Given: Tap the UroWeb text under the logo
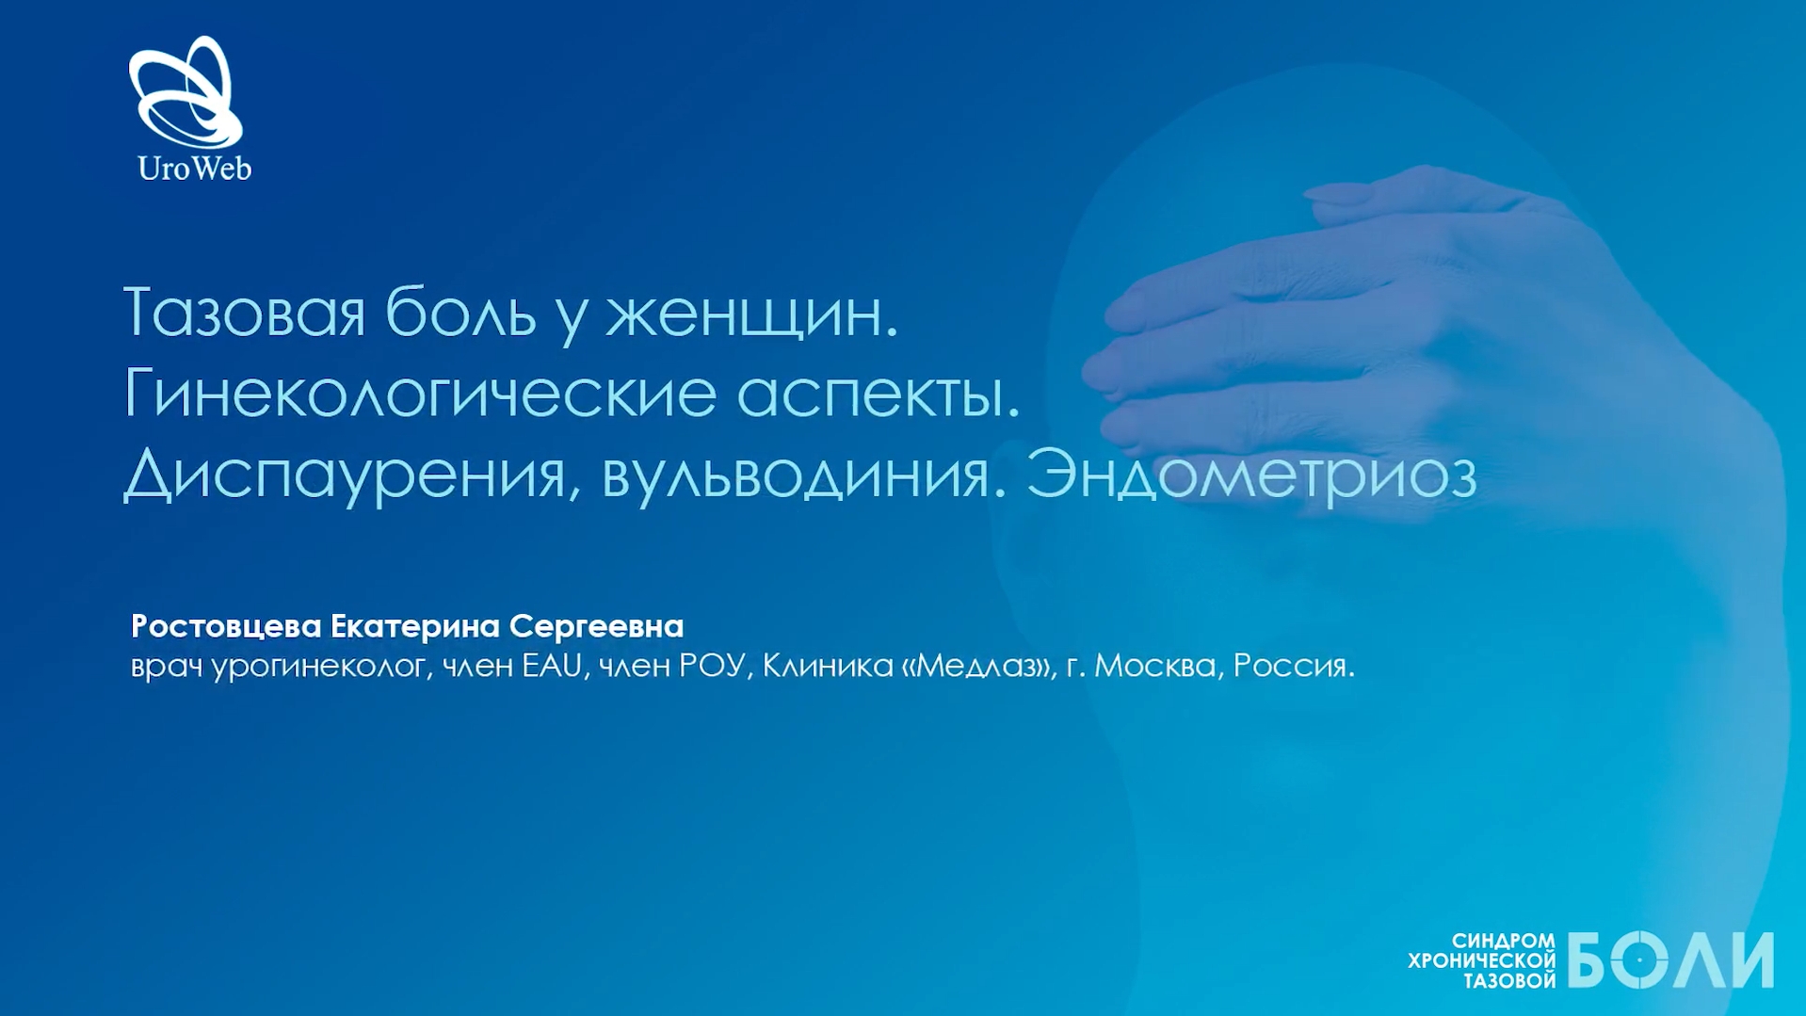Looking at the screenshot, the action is pyautogui.click(x=195, y=169).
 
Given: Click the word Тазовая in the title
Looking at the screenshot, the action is pyautogui.click(x=244, y=313).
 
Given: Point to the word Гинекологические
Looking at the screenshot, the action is pyautogui.click(x=420, y=394).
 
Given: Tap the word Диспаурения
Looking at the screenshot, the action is pyautogui.click(x=345, y=475).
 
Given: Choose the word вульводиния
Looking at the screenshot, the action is pyautogui.click(x=796, y=475).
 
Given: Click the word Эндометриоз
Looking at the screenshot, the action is pyautogui.click(x=1251, y=474).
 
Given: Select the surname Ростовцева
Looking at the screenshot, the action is pyautogui.click(x=226, y=626).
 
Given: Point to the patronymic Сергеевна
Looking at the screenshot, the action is pyautogui.click(x=596, y=626).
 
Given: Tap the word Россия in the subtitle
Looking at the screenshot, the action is pyautogui.click(x=1289, y=666).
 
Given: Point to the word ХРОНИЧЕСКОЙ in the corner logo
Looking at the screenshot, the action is pyautogui.click(x=1481, y=961).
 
